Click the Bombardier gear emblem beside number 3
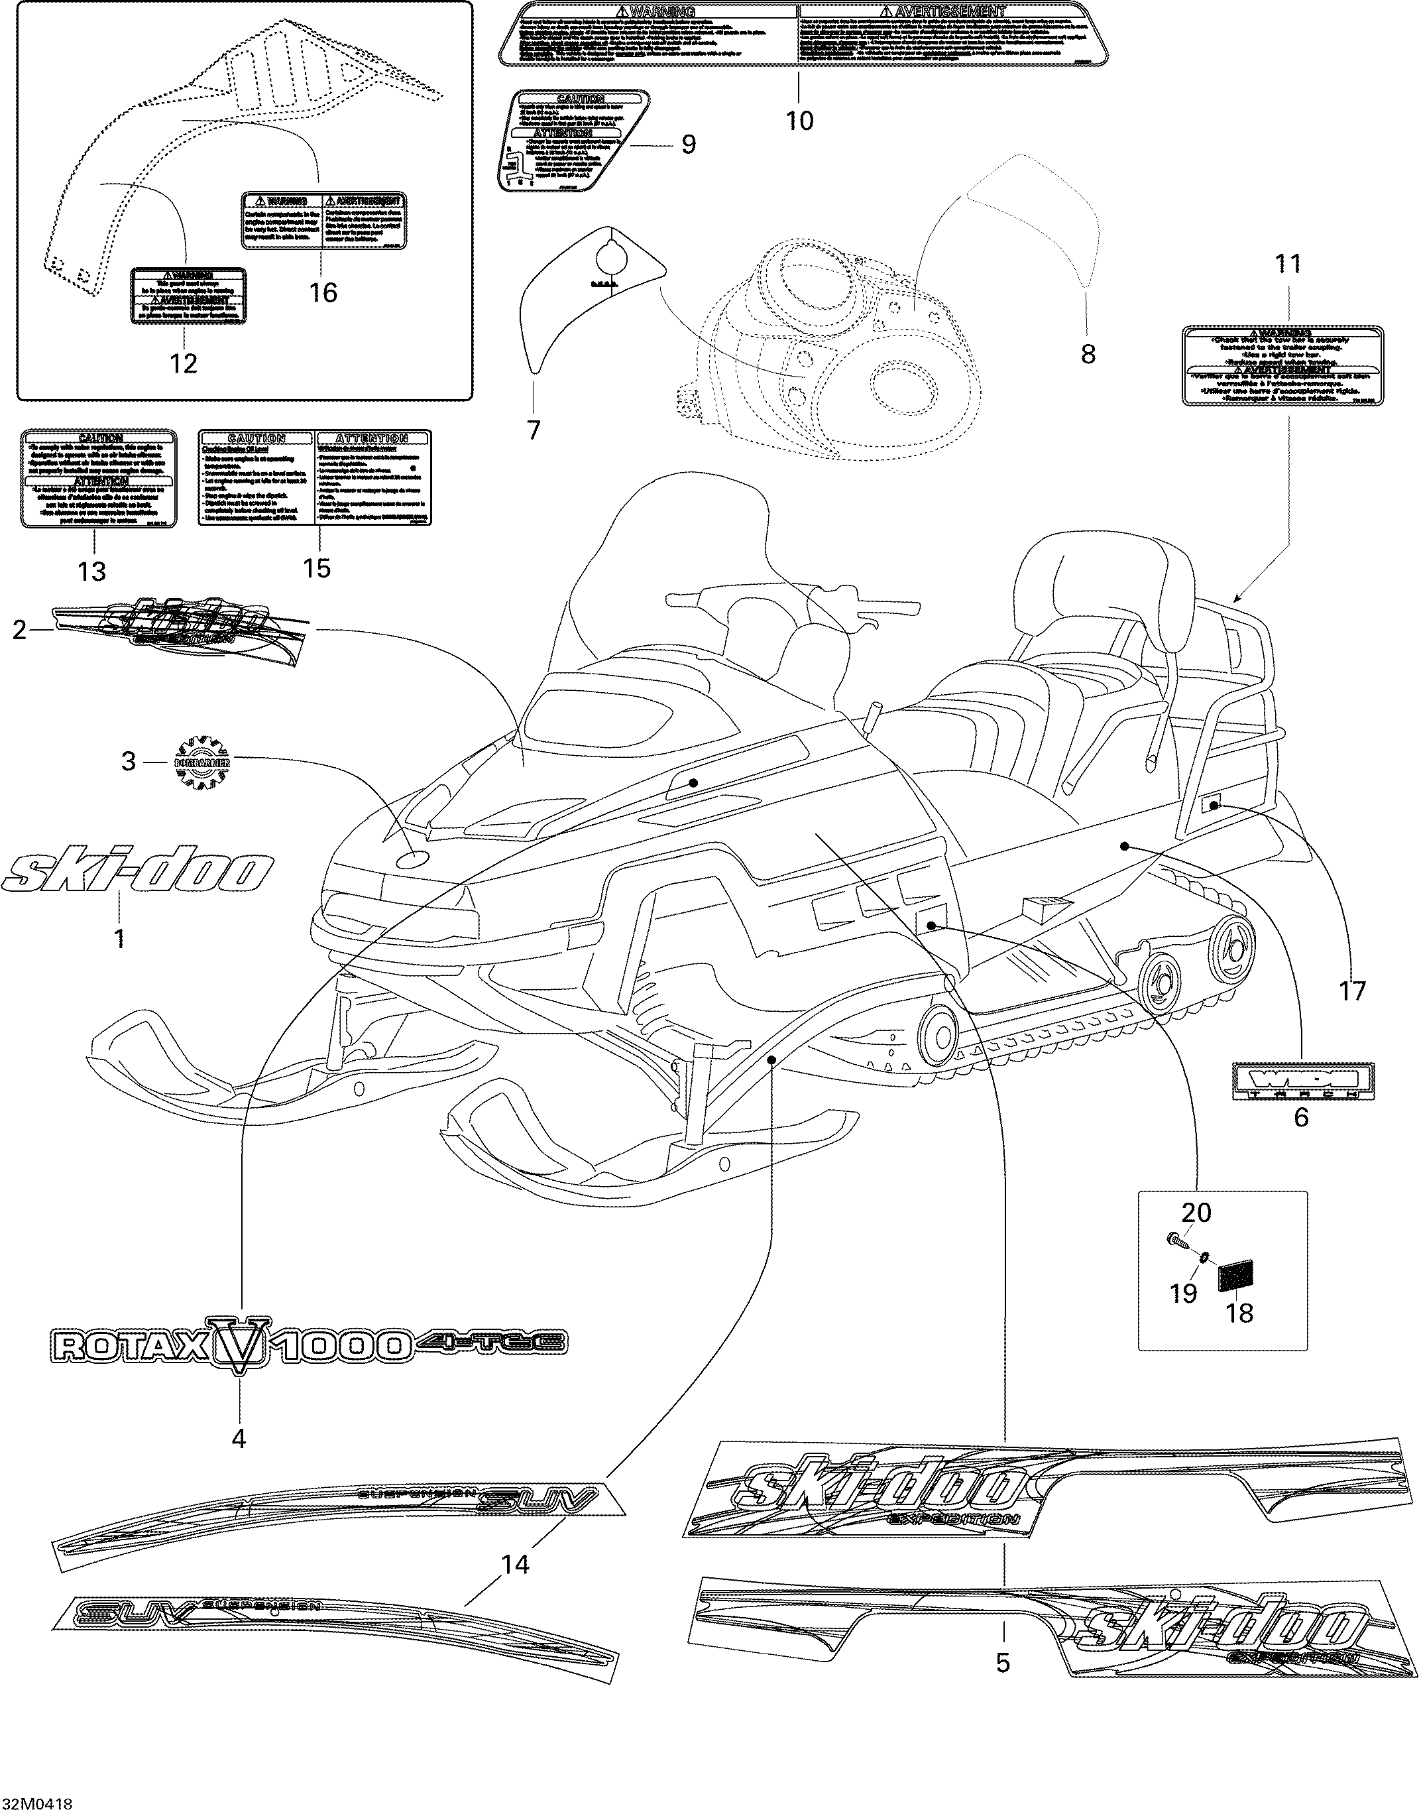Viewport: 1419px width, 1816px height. (x=203, y=762)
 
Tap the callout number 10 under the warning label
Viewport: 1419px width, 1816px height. (x=800, y=121)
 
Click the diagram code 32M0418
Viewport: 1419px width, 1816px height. (x=36, y=1803)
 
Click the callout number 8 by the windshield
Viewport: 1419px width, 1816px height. (x=1088, y=354)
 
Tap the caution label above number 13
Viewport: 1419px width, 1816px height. (x=99, y=479)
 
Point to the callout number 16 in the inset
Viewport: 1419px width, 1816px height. (x=323, y=292)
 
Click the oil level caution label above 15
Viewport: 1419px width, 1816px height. (x=315, y=477)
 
